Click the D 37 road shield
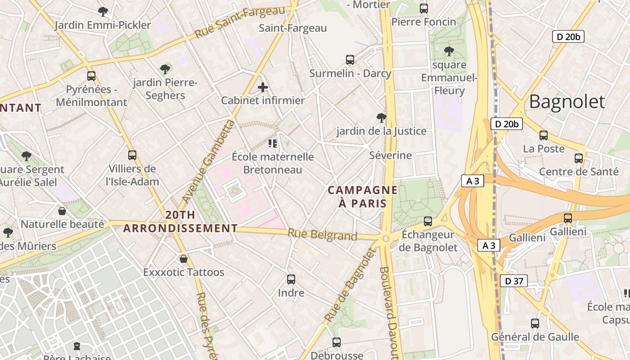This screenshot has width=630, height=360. click(513, 281)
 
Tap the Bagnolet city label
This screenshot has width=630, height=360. click(567, 102)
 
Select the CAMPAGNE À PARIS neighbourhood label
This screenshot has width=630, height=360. click(363, 197)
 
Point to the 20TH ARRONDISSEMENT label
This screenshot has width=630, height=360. click(180, 221)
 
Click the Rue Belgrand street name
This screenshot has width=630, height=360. click(322, 235)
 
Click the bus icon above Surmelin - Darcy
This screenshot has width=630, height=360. click(350, 59)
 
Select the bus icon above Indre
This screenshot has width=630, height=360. click(291, 279)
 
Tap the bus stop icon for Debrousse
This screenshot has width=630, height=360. click(336, 342)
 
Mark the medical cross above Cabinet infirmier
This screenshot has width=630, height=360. click(263, 87)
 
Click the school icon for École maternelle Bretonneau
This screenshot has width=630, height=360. click(272, 144)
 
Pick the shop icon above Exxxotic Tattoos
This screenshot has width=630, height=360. click(184, 259)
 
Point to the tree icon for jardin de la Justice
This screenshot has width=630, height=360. click(381, 118)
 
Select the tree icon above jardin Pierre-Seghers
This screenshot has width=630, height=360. click(165, 69)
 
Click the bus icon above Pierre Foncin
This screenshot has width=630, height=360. click(423, 8)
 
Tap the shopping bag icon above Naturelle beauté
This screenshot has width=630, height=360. click(62, 211)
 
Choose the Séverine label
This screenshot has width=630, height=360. click(390, 156)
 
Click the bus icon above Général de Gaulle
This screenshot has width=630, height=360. click(535, 323)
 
